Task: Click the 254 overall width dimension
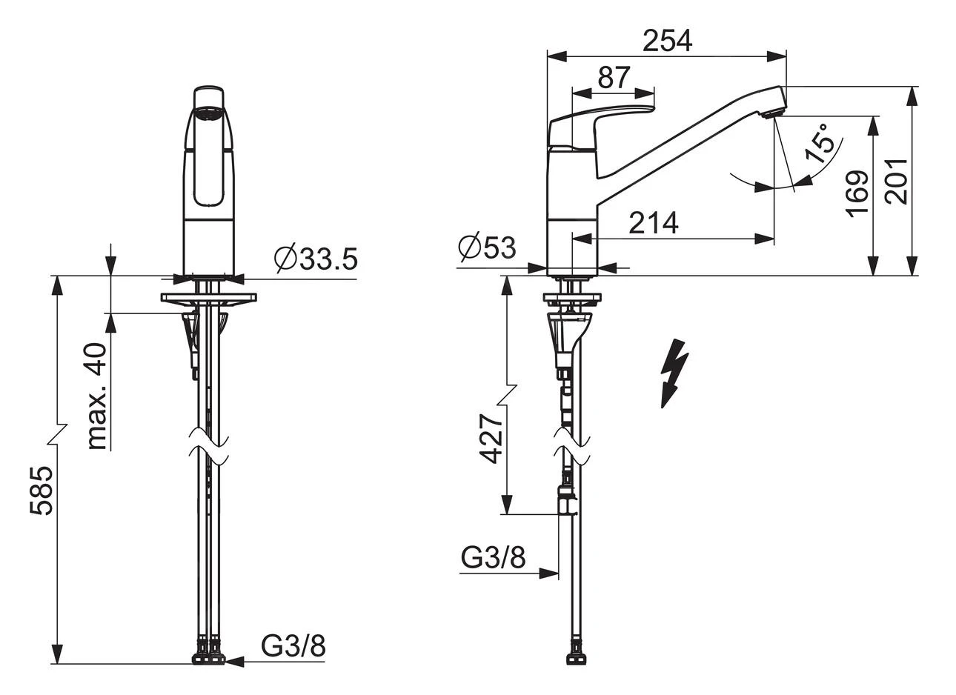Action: pyautogui.click(x=667, y=41)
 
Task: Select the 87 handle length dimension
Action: pyautogui.click(x=614, y=78)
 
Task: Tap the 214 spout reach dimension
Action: pyautogui.click(x=654, y=223)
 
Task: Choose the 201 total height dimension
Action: pyautogui.click(x=896, y=182)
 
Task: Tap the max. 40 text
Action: pyautogui.click(x=97, y=396)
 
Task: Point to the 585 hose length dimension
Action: pyautogui.click(x=42, y=491)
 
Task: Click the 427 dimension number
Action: pyautogui.click(x=491, y=439)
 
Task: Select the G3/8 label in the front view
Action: pyautogui.click(x=293, y=646)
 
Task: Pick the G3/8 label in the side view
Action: pyautogui.click(x=493, y=556)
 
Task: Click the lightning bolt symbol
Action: pyautogui.click(x=674, y=373)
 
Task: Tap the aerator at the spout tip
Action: pyautogui.click(x=773, y=113)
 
